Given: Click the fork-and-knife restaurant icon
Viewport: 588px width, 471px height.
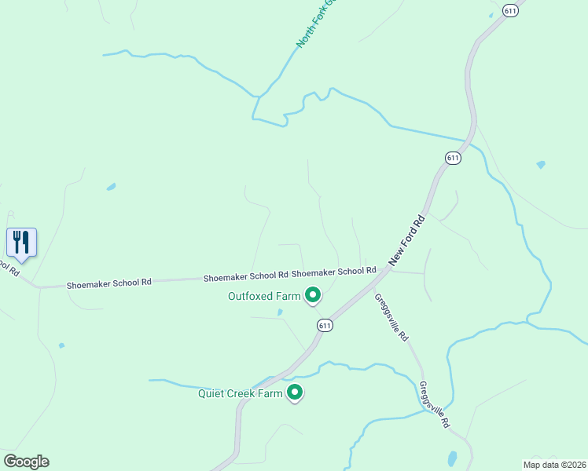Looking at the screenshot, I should pyautogui.click(x=21, y=242).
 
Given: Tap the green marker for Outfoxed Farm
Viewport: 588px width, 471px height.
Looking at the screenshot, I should pyautogui.click(x=312, y=295).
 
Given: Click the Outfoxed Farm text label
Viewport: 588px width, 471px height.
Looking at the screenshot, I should pyautogui.click(x=264, y=296).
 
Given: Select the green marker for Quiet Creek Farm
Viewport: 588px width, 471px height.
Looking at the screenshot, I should pyautogui.click(x=295, y=392).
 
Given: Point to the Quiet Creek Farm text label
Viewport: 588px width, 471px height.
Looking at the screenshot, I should pyautogui.click(x=240, y=393).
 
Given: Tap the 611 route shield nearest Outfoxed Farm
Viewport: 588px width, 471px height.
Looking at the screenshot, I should pyautogui.click(x=325, y=325).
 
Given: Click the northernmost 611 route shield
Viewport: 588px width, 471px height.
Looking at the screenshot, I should pyautogui.click(x=512, y=10).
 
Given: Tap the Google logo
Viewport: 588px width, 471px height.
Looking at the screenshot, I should pyautogui.click(x=26, y=462).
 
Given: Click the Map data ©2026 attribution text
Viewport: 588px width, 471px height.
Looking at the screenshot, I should pyautogui.click(x=554, y=465).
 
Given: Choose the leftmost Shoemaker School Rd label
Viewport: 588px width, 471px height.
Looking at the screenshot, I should pyautogui.click(x=108, y=282).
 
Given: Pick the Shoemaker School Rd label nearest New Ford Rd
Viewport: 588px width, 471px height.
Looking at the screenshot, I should pyautogui.click(x=333, y=272).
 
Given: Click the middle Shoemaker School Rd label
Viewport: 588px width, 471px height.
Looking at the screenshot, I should pyautogui.click(x=245, y=276).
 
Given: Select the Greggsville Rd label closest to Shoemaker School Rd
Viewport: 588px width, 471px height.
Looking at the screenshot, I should pyautogui.click(x=391, y=317).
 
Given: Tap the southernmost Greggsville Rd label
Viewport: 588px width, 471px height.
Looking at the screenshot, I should pyautogui.click(x=434, y=404).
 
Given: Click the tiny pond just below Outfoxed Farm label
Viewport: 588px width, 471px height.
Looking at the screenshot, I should pyautogui.click(x=280, y=312).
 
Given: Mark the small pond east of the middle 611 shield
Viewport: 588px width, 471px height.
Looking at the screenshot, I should pyautogui.click(x=540, y=165).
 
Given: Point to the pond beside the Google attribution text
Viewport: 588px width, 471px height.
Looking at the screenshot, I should pyautogui.click(x=451, y=458).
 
